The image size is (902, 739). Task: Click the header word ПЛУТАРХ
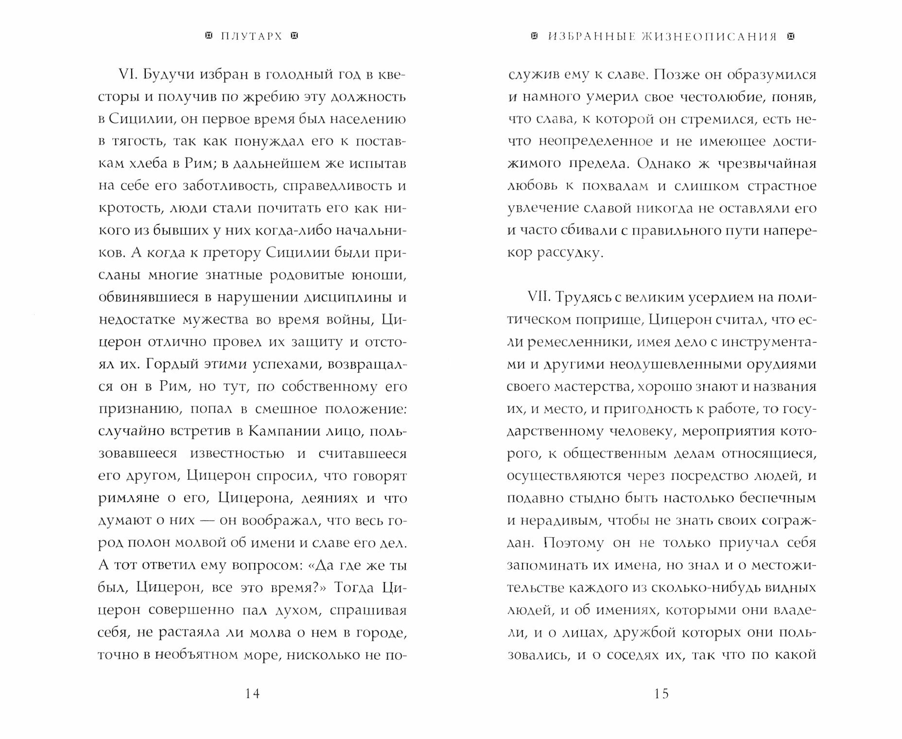[251, 36]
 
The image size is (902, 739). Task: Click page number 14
[252, 694]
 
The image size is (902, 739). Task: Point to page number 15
[661, 694]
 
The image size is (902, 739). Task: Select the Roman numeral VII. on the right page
[539, 297]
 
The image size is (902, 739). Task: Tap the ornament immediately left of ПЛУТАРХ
[209, 36]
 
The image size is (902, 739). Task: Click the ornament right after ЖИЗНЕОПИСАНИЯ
[791, 36]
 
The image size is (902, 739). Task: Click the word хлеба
[154, 163]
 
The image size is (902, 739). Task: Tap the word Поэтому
[573, 543]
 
